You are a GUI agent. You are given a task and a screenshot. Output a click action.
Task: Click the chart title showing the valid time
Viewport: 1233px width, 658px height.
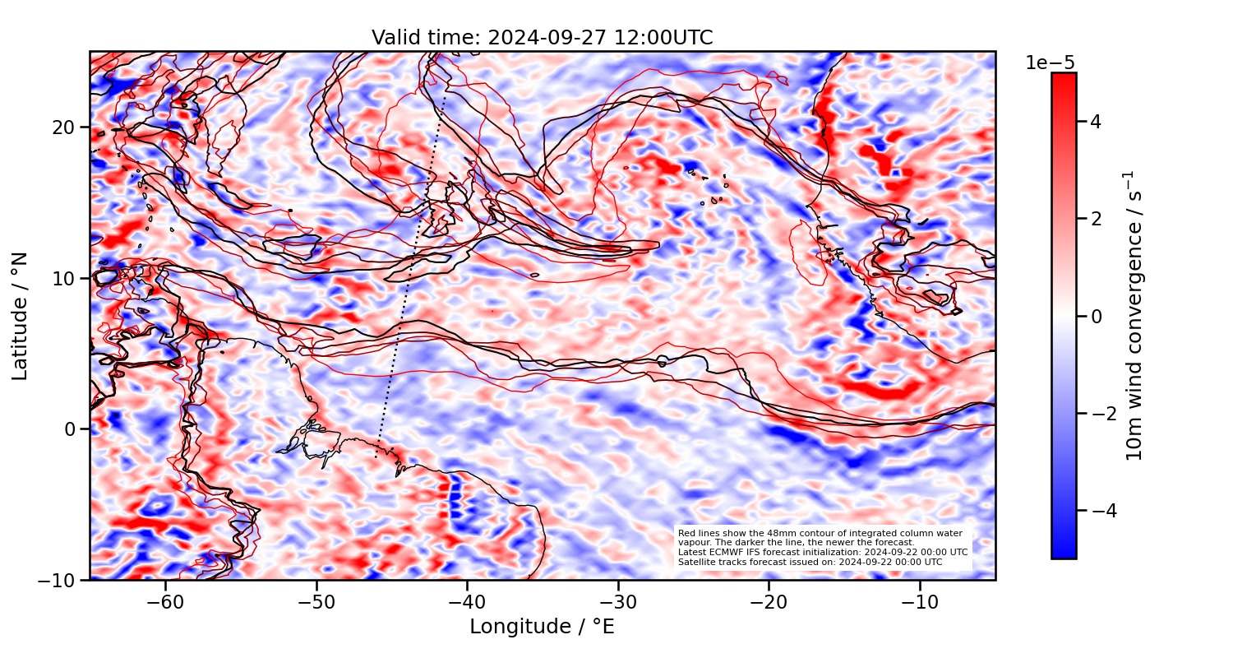[542, 38]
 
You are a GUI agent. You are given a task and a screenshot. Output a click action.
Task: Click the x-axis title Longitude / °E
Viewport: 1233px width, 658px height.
[542, 627]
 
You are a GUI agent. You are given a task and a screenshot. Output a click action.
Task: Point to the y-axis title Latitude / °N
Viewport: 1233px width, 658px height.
[21, 316]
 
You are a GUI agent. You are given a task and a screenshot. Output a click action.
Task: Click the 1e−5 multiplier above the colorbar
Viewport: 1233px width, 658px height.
[1050, 63]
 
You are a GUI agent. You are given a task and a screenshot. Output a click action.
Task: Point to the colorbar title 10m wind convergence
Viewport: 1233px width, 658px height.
[1134, 316]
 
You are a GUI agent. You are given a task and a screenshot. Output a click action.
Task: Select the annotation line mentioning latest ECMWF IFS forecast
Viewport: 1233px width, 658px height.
[822, 552]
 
